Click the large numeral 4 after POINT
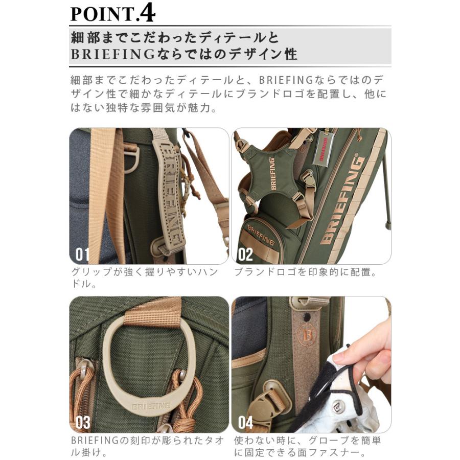pyautogui.click(x=148, y=12)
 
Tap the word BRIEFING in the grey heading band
pyautogui.click(x=113, y=54)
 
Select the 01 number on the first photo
pyautogui.click(x=82, y=255)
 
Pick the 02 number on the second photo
pyautogui.click(x=245, y=255)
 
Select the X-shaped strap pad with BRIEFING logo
pyautogui.click(x=271, y=173)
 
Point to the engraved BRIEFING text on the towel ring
pyautogui.click(x=151, y=406)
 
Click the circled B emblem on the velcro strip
pyautogui.click(x=307, y=334)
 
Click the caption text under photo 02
pyautogui.click(x=305, y=272)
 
